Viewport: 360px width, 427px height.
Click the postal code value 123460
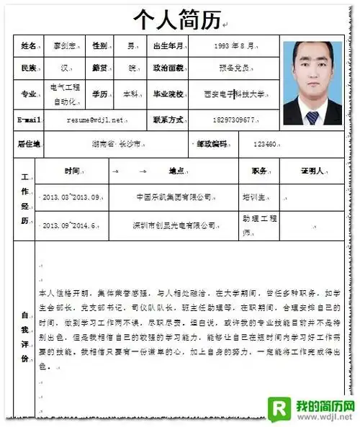pyautogui.click(x=265, y=143)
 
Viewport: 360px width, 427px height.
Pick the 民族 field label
pyautogui.click(x=30, y=69)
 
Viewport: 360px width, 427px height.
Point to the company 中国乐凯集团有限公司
pyautogui.click(x=175, y=197)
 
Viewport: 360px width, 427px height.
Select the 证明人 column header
pyautogui.click(x=315, y=172)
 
